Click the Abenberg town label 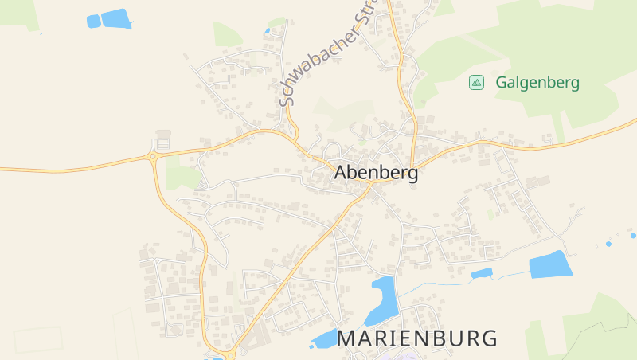point(376,173)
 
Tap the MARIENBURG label point(417,338)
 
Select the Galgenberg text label point(537,82)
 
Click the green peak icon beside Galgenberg point(476,82)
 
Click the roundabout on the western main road point(152,157)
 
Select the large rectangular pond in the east point(550,264)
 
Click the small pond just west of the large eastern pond point(481,274)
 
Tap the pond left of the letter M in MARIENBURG point(325,338)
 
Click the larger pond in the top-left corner point(116,18)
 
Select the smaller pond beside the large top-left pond point(93,21)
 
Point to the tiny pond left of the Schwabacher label point(268,31)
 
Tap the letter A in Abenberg point(342,173)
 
